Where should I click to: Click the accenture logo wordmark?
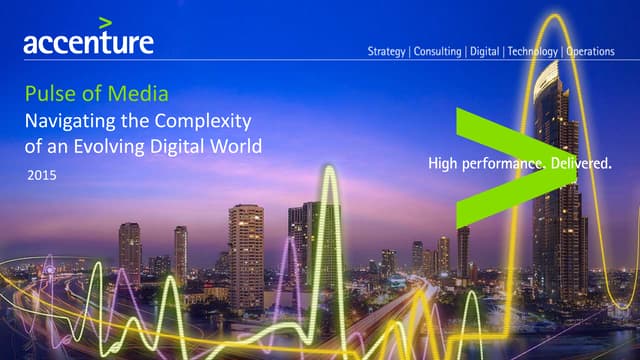(88, 42)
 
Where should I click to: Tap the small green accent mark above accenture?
(105, 21)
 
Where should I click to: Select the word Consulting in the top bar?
(439, 52)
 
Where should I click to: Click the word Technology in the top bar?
(533, 52)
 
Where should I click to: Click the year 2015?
(44, 175)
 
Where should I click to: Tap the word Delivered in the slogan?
(579, 164)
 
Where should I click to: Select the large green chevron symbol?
(500, 165)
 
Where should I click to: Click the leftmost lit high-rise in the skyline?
(130, 251)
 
